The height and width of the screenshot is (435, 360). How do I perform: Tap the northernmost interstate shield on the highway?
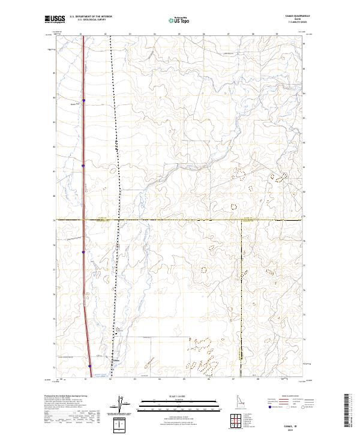point(83,101)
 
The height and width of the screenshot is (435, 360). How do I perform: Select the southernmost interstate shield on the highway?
point(91,365)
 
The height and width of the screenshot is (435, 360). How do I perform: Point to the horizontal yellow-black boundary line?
point(180,220)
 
